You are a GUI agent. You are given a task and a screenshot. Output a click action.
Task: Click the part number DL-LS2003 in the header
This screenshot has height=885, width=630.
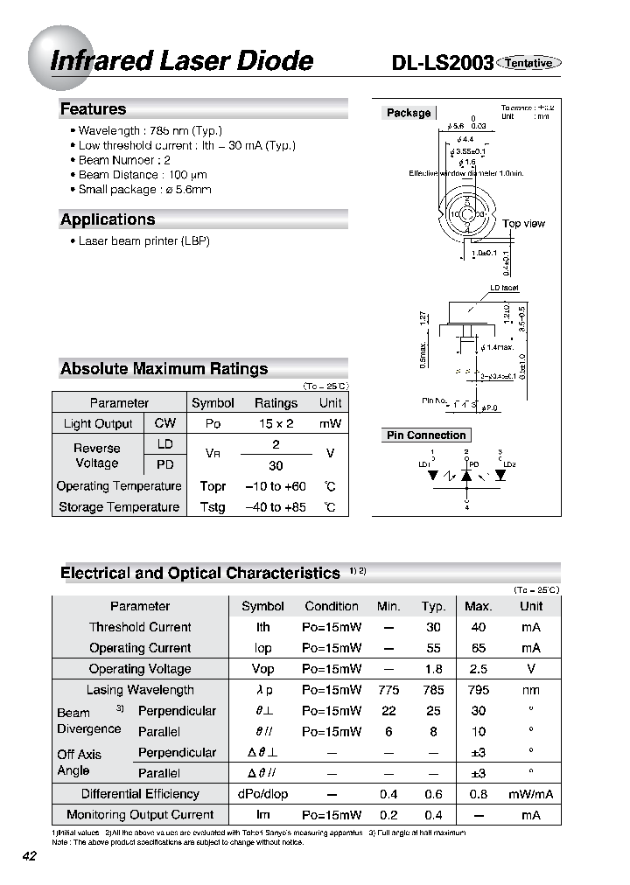[x=442, y=63]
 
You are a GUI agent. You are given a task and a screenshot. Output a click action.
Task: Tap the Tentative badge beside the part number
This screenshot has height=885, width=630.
[x=529, y=63]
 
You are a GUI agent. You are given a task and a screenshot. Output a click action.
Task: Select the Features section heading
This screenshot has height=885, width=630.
[x=94, y=109]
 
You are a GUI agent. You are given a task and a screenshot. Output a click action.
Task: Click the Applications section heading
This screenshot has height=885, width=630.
[x=108, y=220]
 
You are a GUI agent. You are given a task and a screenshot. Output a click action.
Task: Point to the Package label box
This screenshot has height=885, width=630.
[x=409, y=113]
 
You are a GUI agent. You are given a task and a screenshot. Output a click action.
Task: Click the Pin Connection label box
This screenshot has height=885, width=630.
[x=426, y=436]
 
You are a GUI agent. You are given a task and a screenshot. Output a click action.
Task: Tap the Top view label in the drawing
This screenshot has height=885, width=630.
[x=523, y=224]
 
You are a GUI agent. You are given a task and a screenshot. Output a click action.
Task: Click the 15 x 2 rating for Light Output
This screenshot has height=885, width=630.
[x=276, y=423]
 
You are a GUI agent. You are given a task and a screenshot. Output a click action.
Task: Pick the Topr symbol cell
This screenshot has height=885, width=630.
[x=213, y=486]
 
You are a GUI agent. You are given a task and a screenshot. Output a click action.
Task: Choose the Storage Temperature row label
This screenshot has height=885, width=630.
[x=119, y=507]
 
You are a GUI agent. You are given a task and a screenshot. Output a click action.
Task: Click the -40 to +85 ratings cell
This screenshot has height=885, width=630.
[x=276, y=507]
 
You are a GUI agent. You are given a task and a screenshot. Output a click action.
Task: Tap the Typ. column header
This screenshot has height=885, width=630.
[x=433, y=606]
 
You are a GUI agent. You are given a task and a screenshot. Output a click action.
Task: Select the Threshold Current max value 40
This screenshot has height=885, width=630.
[x=478, y=627]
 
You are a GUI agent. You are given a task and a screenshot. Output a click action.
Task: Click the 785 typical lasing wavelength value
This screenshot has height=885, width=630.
[x=433, y=690]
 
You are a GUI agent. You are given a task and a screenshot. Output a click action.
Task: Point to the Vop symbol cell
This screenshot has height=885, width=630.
[x=262, y=669]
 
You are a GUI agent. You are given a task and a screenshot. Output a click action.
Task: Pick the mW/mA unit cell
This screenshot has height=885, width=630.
[x=530, y=794]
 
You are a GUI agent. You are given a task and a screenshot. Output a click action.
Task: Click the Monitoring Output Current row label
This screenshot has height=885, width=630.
[x=140, y=815]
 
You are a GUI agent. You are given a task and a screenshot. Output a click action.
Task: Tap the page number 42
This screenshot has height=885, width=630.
[x=30, y=856]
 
